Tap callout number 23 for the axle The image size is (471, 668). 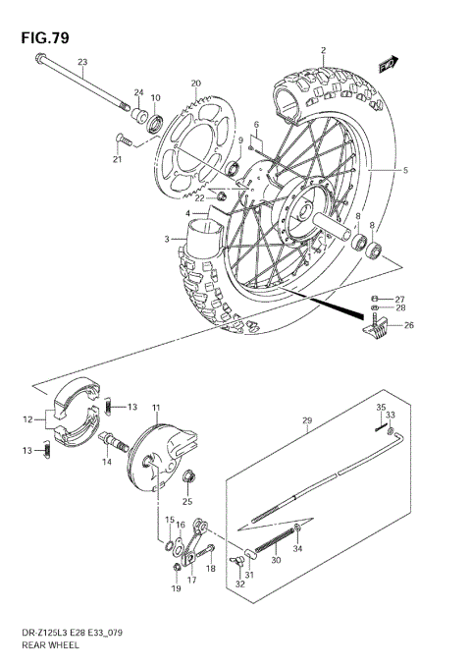[82, 63]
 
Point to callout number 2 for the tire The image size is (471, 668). [322, 49]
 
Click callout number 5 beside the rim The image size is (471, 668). [404, 171]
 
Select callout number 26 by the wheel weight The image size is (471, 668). [408, 326]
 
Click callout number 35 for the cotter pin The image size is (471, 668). [381, 406]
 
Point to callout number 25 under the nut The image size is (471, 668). [186, 501]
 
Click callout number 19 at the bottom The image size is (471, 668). [176, 589]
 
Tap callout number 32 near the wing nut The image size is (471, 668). [240, 584]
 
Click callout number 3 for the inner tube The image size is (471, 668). [167, 239]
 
